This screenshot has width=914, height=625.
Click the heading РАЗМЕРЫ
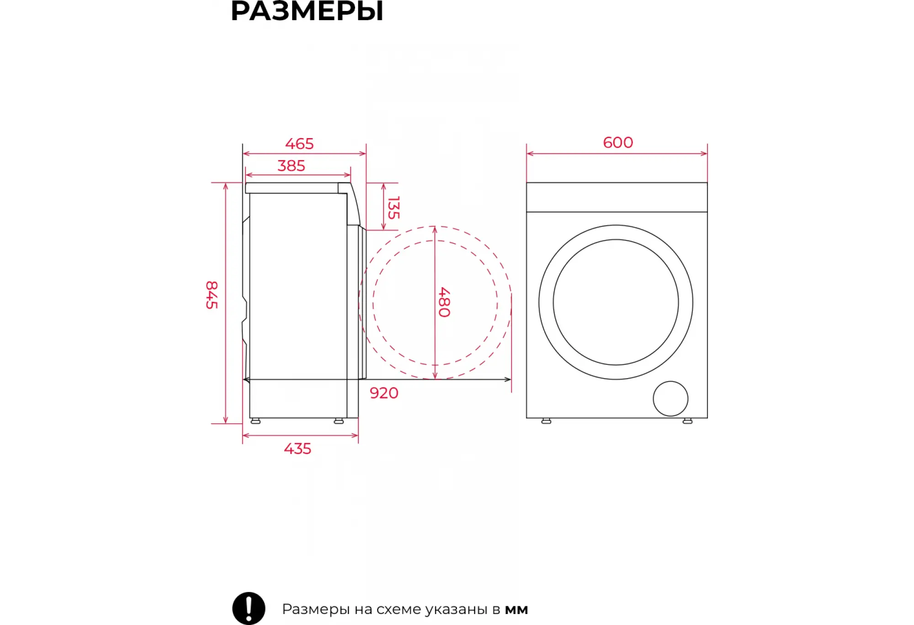pyautogui.click(x=307, y=11)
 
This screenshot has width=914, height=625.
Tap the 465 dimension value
pyautogui.click(x=299, y=144)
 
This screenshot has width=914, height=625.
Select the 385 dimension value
pyautogui.click(x=291, y=166)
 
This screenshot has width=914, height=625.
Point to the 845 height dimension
pyautogui.click(x=212, y=295)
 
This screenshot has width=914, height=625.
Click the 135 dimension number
pyautogui.click(x=393, y=208)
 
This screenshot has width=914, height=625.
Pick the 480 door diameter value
pyautogui.click(x=444, y=302)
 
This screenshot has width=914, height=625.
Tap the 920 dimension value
pyautogui.click(x=384, y=393)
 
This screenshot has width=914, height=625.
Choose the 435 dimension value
pyautogui.click(x=298, y=449)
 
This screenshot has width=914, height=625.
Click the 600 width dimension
pyautogui.click(x=618, y=143)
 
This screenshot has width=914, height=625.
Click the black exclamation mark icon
pyautogui.click(x=249, y=609)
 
